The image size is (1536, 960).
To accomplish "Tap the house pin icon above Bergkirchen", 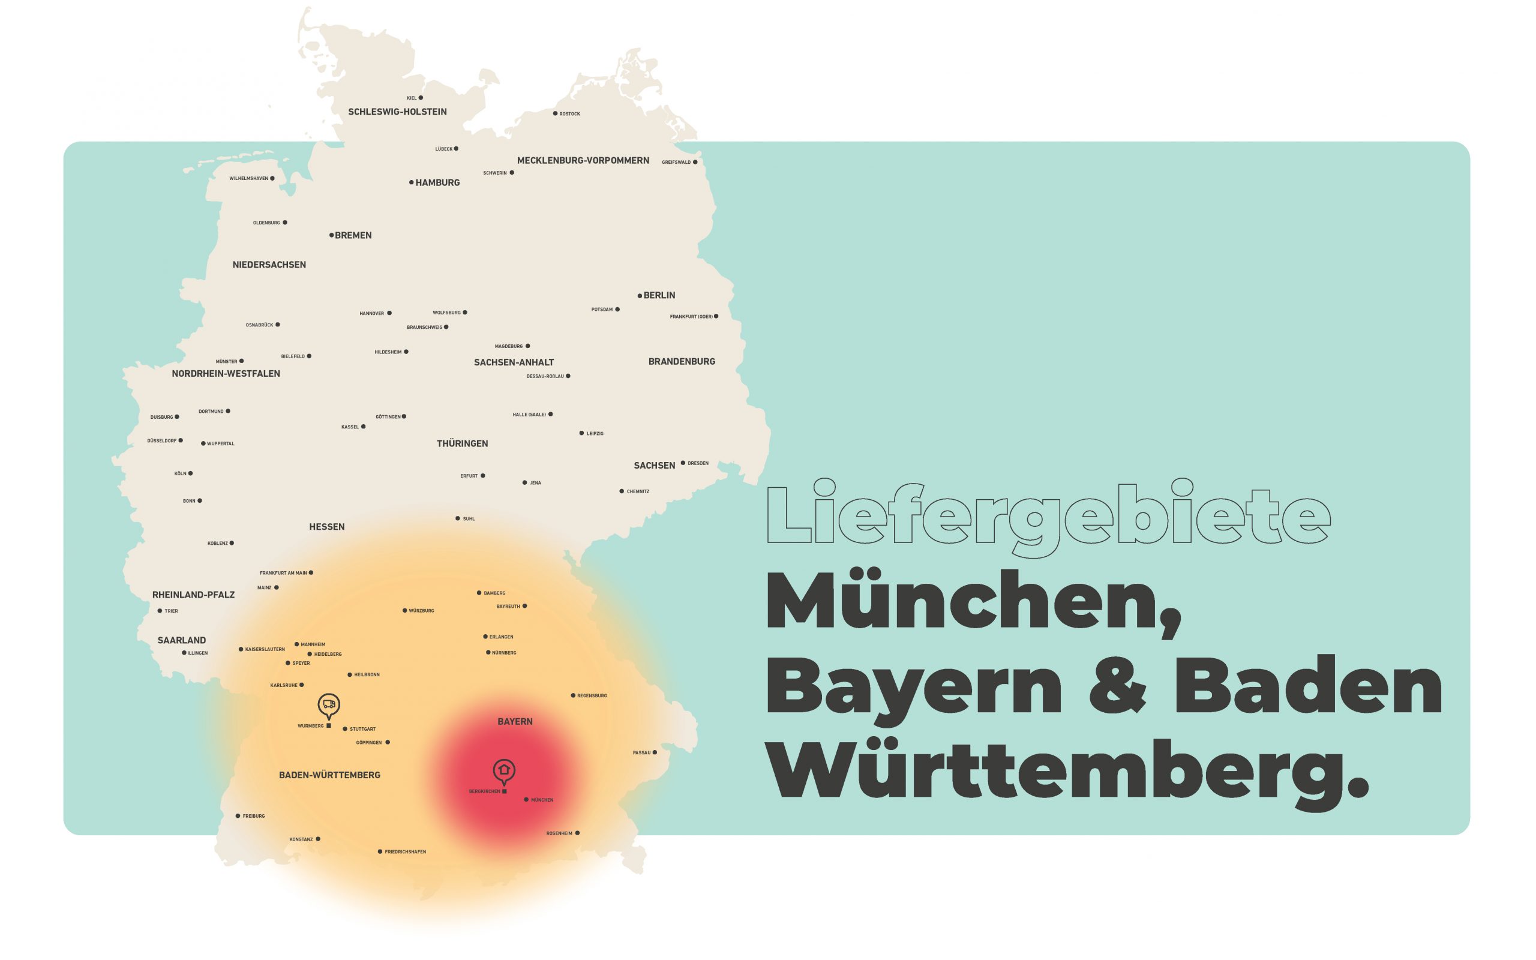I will coord(504,770).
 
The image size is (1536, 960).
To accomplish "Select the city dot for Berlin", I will coord(640,296).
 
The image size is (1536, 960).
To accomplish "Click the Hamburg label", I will coord(437,183).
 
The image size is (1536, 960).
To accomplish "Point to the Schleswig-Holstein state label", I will coord(397,112).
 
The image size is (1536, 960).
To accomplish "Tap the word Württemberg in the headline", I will coord(1067,771).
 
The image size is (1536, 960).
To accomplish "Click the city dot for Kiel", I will coord(421,98).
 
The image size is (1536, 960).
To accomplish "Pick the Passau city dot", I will coord(655,753).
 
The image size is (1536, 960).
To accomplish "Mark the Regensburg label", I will coord(592,696).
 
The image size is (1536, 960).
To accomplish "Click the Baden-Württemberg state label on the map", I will coord(329,775).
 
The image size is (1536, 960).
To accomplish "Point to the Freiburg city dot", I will coord(238,816).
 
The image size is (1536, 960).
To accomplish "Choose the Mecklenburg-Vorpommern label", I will coord(583,161).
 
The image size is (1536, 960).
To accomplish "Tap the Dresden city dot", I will coord(683,463).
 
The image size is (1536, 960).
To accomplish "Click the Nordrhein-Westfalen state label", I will coord(226,374).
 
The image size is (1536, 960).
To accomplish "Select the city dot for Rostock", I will coord(555,113).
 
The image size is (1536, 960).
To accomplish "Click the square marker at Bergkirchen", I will coord(505,792).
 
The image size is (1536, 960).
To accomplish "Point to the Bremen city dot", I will coord(331,236).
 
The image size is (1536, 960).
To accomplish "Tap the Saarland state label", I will coord(182,640).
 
